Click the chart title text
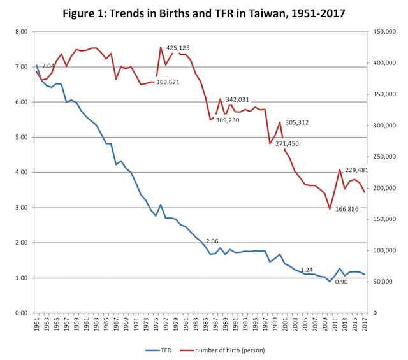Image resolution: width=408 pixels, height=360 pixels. pos(203,13)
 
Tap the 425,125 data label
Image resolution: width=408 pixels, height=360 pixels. pos(178,48)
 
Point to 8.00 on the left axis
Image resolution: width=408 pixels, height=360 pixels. pos(20,32)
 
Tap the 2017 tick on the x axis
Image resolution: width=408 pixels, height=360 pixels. pos(365,326)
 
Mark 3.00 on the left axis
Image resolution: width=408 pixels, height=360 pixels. pos(20,208)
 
